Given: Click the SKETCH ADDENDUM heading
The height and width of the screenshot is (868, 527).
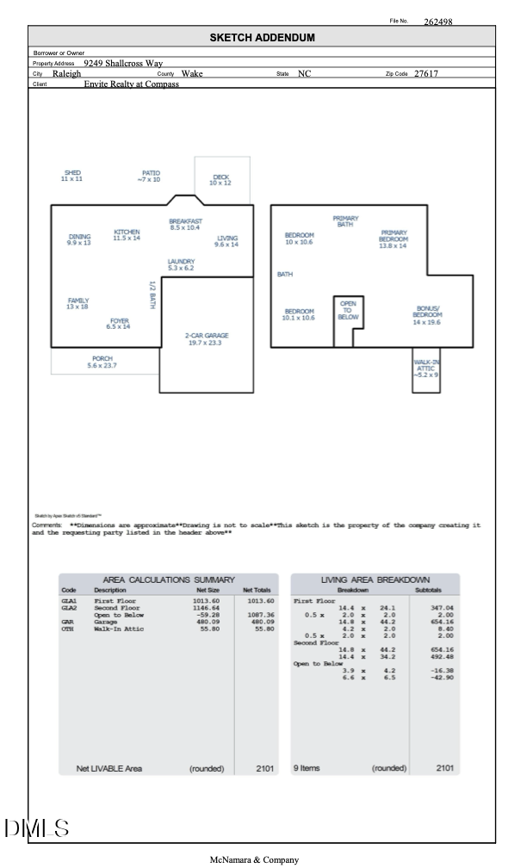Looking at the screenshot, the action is (x=262, y=38).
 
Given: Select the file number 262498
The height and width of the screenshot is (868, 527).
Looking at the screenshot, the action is (x=437, y=22).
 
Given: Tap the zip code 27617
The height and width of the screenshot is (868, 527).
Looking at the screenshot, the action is (x=425, y=73).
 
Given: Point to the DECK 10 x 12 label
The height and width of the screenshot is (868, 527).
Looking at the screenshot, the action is (x=220, y=180).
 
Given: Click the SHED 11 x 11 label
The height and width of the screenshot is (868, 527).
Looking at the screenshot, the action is (x=72, y=176).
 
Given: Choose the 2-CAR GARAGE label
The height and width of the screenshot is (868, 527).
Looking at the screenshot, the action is (x=207, y=339).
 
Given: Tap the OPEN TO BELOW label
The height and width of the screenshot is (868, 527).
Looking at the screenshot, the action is (x=348, y=311).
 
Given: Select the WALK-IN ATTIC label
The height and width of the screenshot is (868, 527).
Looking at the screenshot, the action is (x=425, y=369).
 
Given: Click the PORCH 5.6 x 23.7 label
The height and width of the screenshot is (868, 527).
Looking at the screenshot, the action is (x=102, y=362).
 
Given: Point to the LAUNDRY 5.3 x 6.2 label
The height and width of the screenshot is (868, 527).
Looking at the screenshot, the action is (x=181, y=264).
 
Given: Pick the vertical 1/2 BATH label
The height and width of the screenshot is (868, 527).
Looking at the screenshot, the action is (x=152, y=295).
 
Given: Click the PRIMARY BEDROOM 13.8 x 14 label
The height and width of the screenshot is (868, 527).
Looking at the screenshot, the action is (x=393, y=239).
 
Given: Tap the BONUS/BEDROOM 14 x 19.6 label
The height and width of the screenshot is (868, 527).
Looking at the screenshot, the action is (x=427, y=315).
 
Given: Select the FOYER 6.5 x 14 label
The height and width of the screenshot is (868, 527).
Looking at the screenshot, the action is (x=119, y=324).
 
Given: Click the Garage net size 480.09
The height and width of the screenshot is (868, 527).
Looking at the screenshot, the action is (x=207, y=622).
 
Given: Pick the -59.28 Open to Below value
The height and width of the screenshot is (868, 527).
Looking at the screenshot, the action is (x=207, y=615).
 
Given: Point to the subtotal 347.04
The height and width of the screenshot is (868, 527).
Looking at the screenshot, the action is (x=442, y=608).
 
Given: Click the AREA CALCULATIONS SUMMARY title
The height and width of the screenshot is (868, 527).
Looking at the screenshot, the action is (x=169, y=580).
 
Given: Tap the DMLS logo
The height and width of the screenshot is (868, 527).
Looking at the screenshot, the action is (x=36, y=828).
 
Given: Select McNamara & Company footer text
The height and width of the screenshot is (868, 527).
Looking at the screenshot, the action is (x=254, y=859).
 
